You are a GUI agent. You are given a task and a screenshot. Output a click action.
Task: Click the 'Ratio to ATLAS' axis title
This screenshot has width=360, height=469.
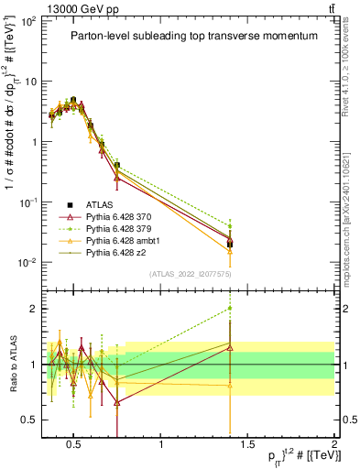[12, 365]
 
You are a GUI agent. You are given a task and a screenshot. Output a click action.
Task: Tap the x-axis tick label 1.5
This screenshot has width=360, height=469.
[247, 445]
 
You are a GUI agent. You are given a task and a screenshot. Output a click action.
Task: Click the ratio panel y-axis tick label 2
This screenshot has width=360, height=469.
[32, 309]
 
